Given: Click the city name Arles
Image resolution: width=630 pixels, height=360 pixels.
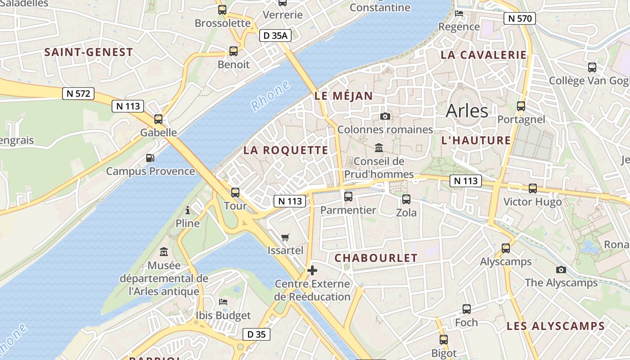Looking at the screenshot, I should pos(467,111).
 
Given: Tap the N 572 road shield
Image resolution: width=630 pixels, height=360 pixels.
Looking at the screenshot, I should pos(78,94).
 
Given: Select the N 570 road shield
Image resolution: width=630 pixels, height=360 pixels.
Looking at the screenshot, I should pos(519,18).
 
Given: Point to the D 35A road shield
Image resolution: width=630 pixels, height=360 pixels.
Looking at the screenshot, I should pos(275,36).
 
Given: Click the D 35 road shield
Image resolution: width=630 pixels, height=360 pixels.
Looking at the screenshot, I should pos(256,334).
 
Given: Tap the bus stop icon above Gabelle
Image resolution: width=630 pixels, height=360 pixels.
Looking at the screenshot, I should pos(158,119).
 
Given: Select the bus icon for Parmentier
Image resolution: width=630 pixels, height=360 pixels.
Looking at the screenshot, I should pos(348,197).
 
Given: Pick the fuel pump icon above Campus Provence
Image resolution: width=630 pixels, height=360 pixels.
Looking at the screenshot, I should pos(150,158).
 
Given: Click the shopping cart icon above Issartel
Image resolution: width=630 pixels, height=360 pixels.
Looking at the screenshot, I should pos(285,237).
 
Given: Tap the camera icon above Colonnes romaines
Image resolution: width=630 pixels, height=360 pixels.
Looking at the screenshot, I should pos(385,117).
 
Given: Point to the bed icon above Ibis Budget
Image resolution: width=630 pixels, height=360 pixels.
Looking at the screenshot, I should pos(223,302).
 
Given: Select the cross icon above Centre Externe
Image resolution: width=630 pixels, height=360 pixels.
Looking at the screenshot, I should pos(312,270).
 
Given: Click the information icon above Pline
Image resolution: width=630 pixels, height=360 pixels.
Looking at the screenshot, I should pos(188,210).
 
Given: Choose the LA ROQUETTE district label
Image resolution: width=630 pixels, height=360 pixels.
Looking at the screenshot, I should pos(286,150).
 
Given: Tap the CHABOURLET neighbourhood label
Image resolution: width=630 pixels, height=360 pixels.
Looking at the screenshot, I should pos(376,258).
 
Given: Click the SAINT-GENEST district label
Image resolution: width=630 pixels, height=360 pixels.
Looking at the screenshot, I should pos(89,52).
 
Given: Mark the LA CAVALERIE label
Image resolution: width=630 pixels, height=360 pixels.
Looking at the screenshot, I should pos(484,55).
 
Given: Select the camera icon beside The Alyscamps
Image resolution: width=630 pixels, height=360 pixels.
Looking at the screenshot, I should pos(561,270).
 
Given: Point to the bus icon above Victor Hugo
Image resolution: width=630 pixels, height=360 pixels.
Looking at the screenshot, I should pos(533,189).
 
